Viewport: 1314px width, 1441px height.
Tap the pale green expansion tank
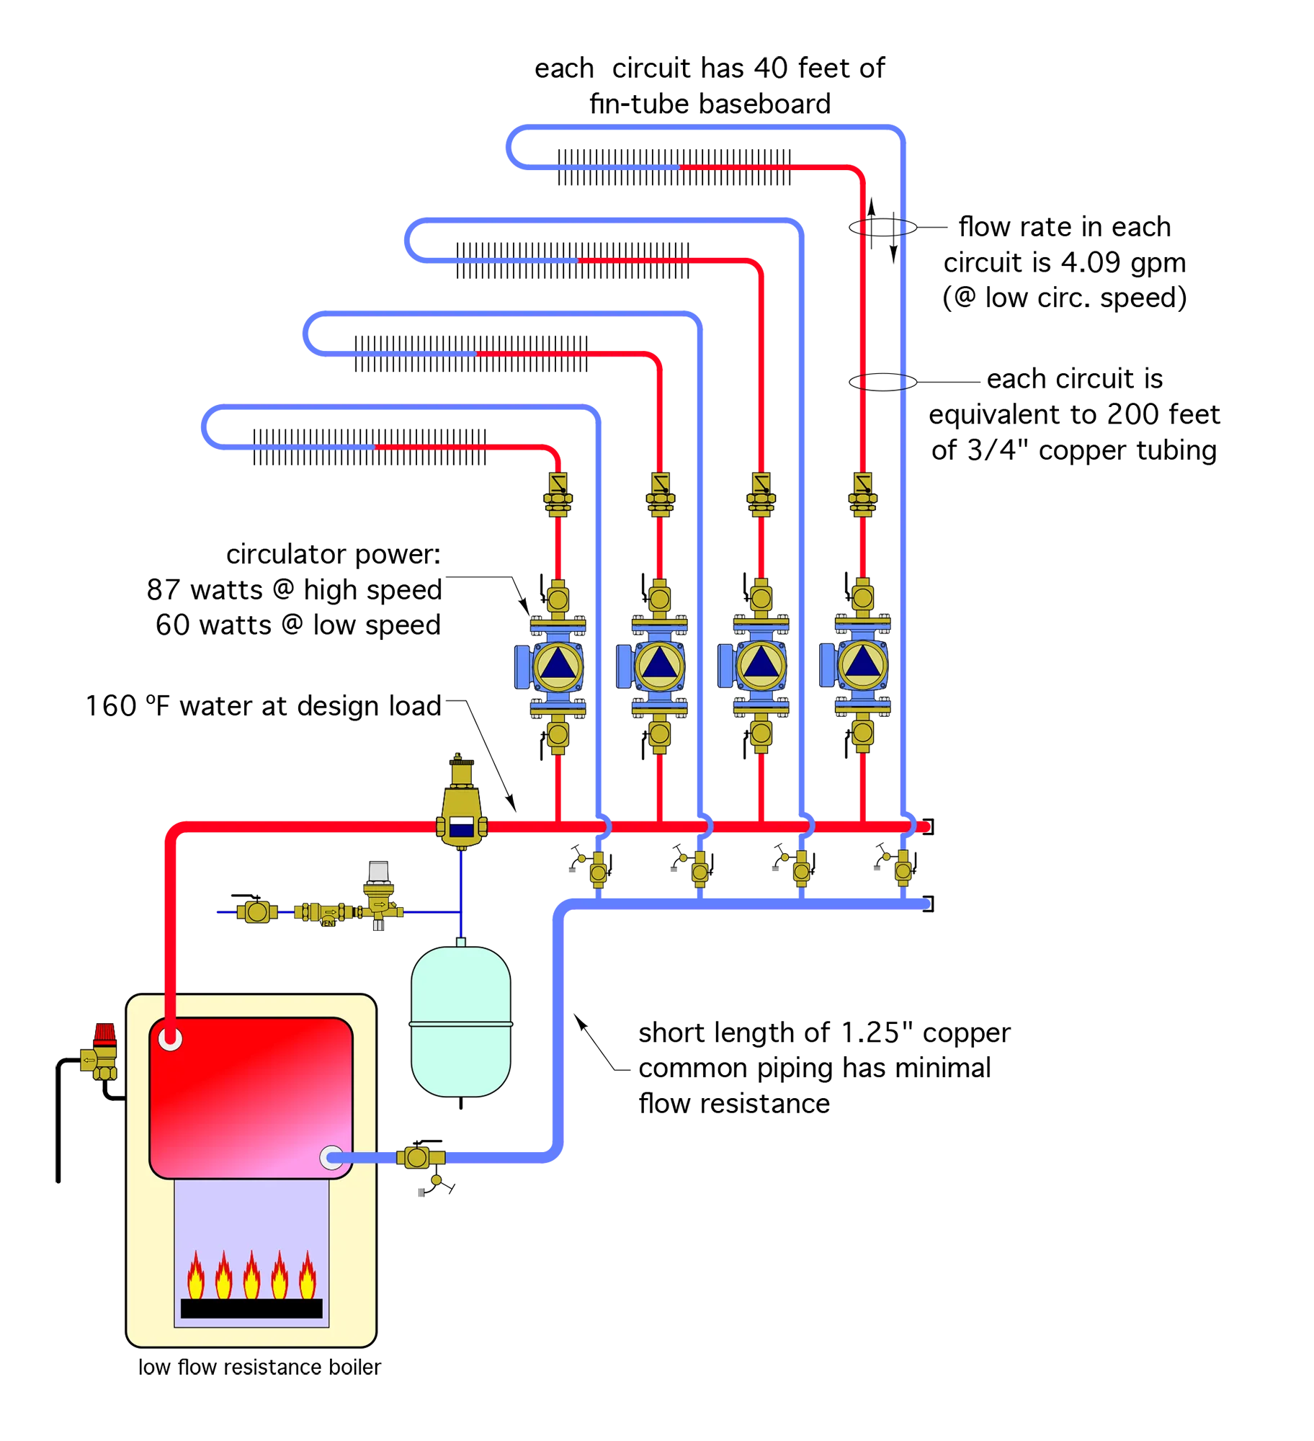click(x=460, y=1022)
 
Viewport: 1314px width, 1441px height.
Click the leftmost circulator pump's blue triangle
click(x=558, y=665)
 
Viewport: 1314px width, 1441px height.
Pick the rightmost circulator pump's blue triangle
click(x=862, y=664)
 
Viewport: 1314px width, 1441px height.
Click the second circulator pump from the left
click(x=658, y=665)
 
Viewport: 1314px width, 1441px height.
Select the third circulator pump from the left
click(x=760, y=665)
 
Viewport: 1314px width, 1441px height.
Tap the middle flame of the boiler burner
click(x=251, y=1275)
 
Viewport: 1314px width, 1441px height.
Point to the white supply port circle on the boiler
click(x=170, y=1039)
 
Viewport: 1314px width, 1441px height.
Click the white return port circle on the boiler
click(x=331, y=1158)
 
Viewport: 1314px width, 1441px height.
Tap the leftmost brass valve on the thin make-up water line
click(x=257, y=912)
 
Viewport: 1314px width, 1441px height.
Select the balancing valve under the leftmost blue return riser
click(x=598, y=870)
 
